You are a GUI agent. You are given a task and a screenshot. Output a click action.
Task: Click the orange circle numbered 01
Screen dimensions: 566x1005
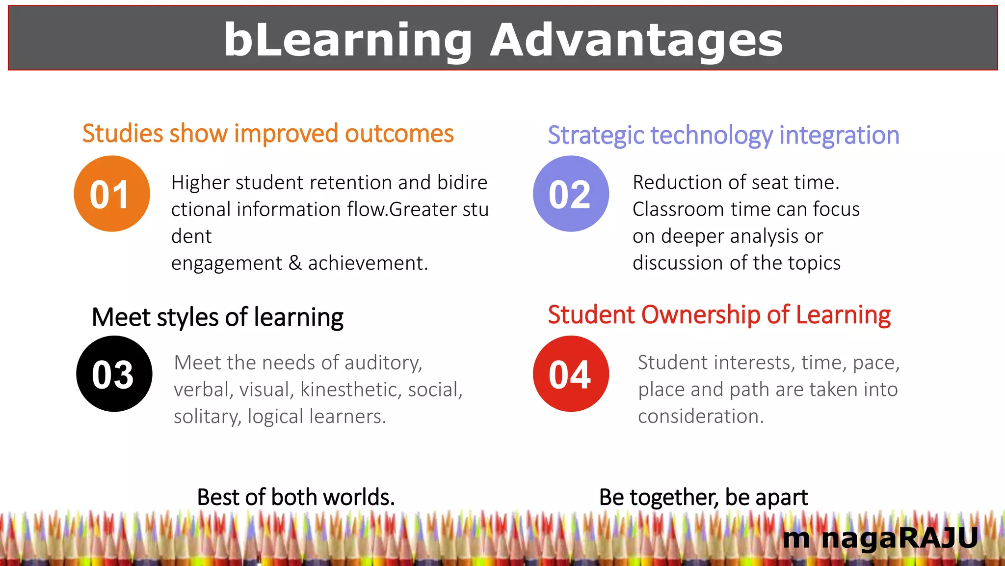click(x=112, y=194)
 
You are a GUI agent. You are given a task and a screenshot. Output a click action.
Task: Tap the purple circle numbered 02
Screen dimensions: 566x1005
click(x=571, y=194)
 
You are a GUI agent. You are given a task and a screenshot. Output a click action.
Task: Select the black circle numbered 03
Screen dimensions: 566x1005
click(x=114, y=374)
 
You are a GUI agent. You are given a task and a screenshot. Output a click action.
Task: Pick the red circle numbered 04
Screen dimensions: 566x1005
click(x=571, y=374)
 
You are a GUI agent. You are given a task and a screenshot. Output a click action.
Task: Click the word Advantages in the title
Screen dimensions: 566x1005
click(x=636, y=40)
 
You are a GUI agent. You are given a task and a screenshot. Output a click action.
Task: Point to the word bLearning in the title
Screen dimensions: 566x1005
click(x=348, y=40)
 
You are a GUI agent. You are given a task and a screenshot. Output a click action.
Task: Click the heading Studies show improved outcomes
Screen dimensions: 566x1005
click(x=268, y=134)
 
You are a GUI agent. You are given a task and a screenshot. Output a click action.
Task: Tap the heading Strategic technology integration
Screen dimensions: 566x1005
click(x=723, y=135)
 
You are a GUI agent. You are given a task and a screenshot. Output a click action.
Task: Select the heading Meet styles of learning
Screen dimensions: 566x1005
click(x=217, y=317)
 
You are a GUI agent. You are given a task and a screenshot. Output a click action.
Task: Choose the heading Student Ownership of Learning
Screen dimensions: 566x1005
click(x=719, y=314)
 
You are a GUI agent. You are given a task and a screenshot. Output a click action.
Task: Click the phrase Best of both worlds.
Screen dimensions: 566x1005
click(x=296, y=497)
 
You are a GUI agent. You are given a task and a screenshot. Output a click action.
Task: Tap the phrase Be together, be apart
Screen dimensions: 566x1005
click(x=703, y=497)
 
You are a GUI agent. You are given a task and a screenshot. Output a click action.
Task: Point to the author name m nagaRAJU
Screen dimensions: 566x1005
click(x=880, y=538)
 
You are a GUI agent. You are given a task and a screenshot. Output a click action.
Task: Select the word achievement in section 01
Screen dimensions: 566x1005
click(x=368, y=263)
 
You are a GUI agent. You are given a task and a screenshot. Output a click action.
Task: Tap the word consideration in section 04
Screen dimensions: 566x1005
click(x=701, y=417)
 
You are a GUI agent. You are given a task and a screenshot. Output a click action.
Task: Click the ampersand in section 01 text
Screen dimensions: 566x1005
click(x=295, y=263)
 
